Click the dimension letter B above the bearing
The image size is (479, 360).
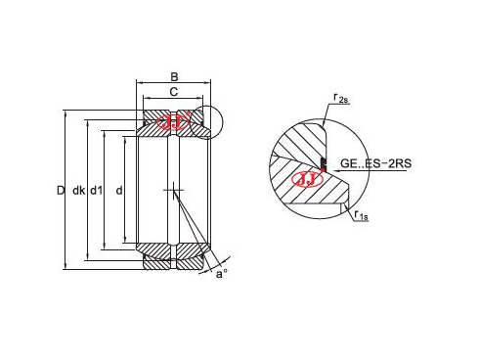174,76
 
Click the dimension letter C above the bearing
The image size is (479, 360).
174,91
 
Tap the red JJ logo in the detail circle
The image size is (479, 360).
307,180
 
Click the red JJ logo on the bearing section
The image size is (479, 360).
174,123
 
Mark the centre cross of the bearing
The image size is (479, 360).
174,189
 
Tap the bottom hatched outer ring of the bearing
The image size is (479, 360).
174,261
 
